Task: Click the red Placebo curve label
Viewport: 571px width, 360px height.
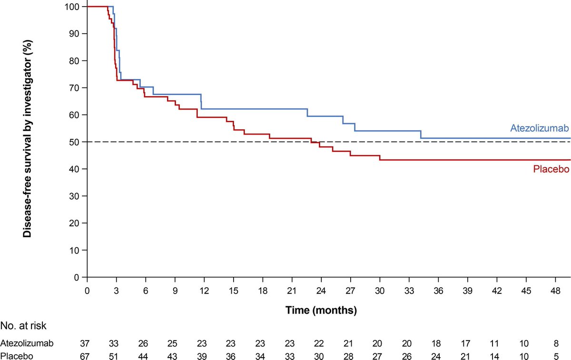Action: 551,169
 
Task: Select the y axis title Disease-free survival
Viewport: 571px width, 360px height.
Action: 28,142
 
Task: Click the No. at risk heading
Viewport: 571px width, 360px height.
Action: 23,326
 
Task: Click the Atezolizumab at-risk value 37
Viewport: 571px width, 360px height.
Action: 87,343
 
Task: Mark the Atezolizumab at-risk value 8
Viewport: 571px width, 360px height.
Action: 555,343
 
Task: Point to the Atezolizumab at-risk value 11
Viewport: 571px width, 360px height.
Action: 497,343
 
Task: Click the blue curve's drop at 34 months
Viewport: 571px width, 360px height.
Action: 421,135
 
